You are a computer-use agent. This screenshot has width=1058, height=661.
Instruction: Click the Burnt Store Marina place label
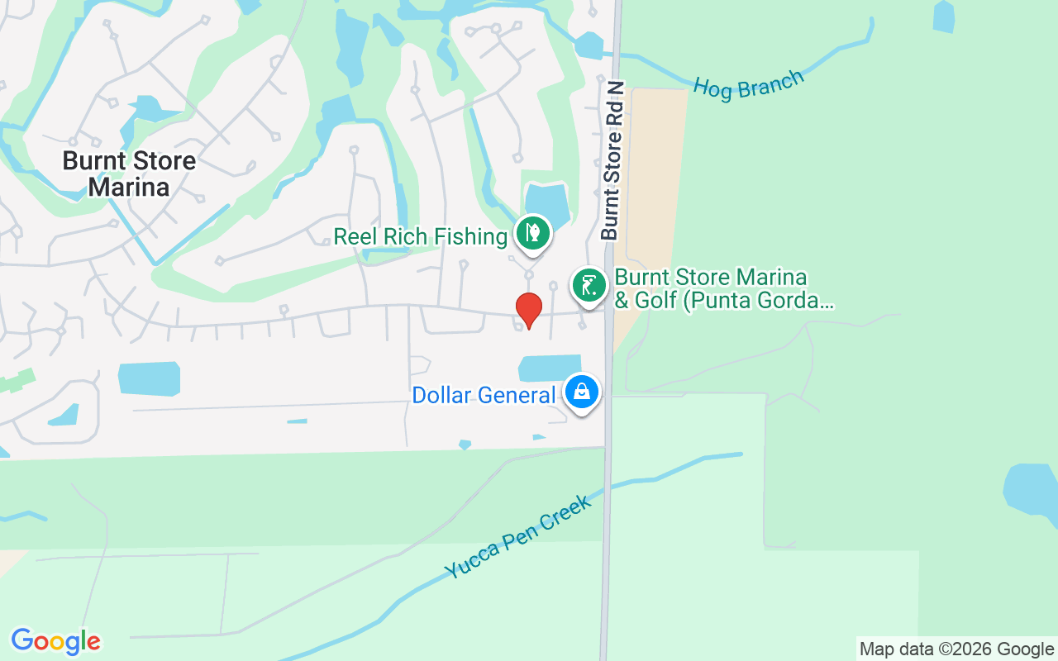(x=129, y=174)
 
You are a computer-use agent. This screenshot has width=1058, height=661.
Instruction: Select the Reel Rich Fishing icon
(x=533, y=234)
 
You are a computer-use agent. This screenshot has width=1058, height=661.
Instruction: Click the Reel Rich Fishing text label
(x=420, y=237)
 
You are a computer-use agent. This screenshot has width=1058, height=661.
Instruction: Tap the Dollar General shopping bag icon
(x=582, y=392)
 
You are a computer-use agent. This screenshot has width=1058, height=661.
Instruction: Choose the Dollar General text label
(x=484, y=396)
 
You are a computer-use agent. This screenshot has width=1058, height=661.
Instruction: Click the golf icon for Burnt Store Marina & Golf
(x=589, y=286)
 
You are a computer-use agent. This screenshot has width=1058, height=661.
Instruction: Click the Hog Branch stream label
(x=747, y=85)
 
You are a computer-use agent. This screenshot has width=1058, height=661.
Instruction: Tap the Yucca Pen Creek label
(x=518, y=538)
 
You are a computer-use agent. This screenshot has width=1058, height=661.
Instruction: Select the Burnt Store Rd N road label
(x=612, y=160)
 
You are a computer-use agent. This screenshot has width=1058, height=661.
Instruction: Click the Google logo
(x=55, y=641)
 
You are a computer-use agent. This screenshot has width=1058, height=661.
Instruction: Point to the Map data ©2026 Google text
(x=956, y=649)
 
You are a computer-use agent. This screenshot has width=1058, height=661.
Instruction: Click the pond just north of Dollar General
(x=550, y=368)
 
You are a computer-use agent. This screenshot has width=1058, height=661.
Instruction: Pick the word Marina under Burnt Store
(x=129, y=188)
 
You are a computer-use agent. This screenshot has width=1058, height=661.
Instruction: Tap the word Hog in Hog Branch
(x=712, y=89)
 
